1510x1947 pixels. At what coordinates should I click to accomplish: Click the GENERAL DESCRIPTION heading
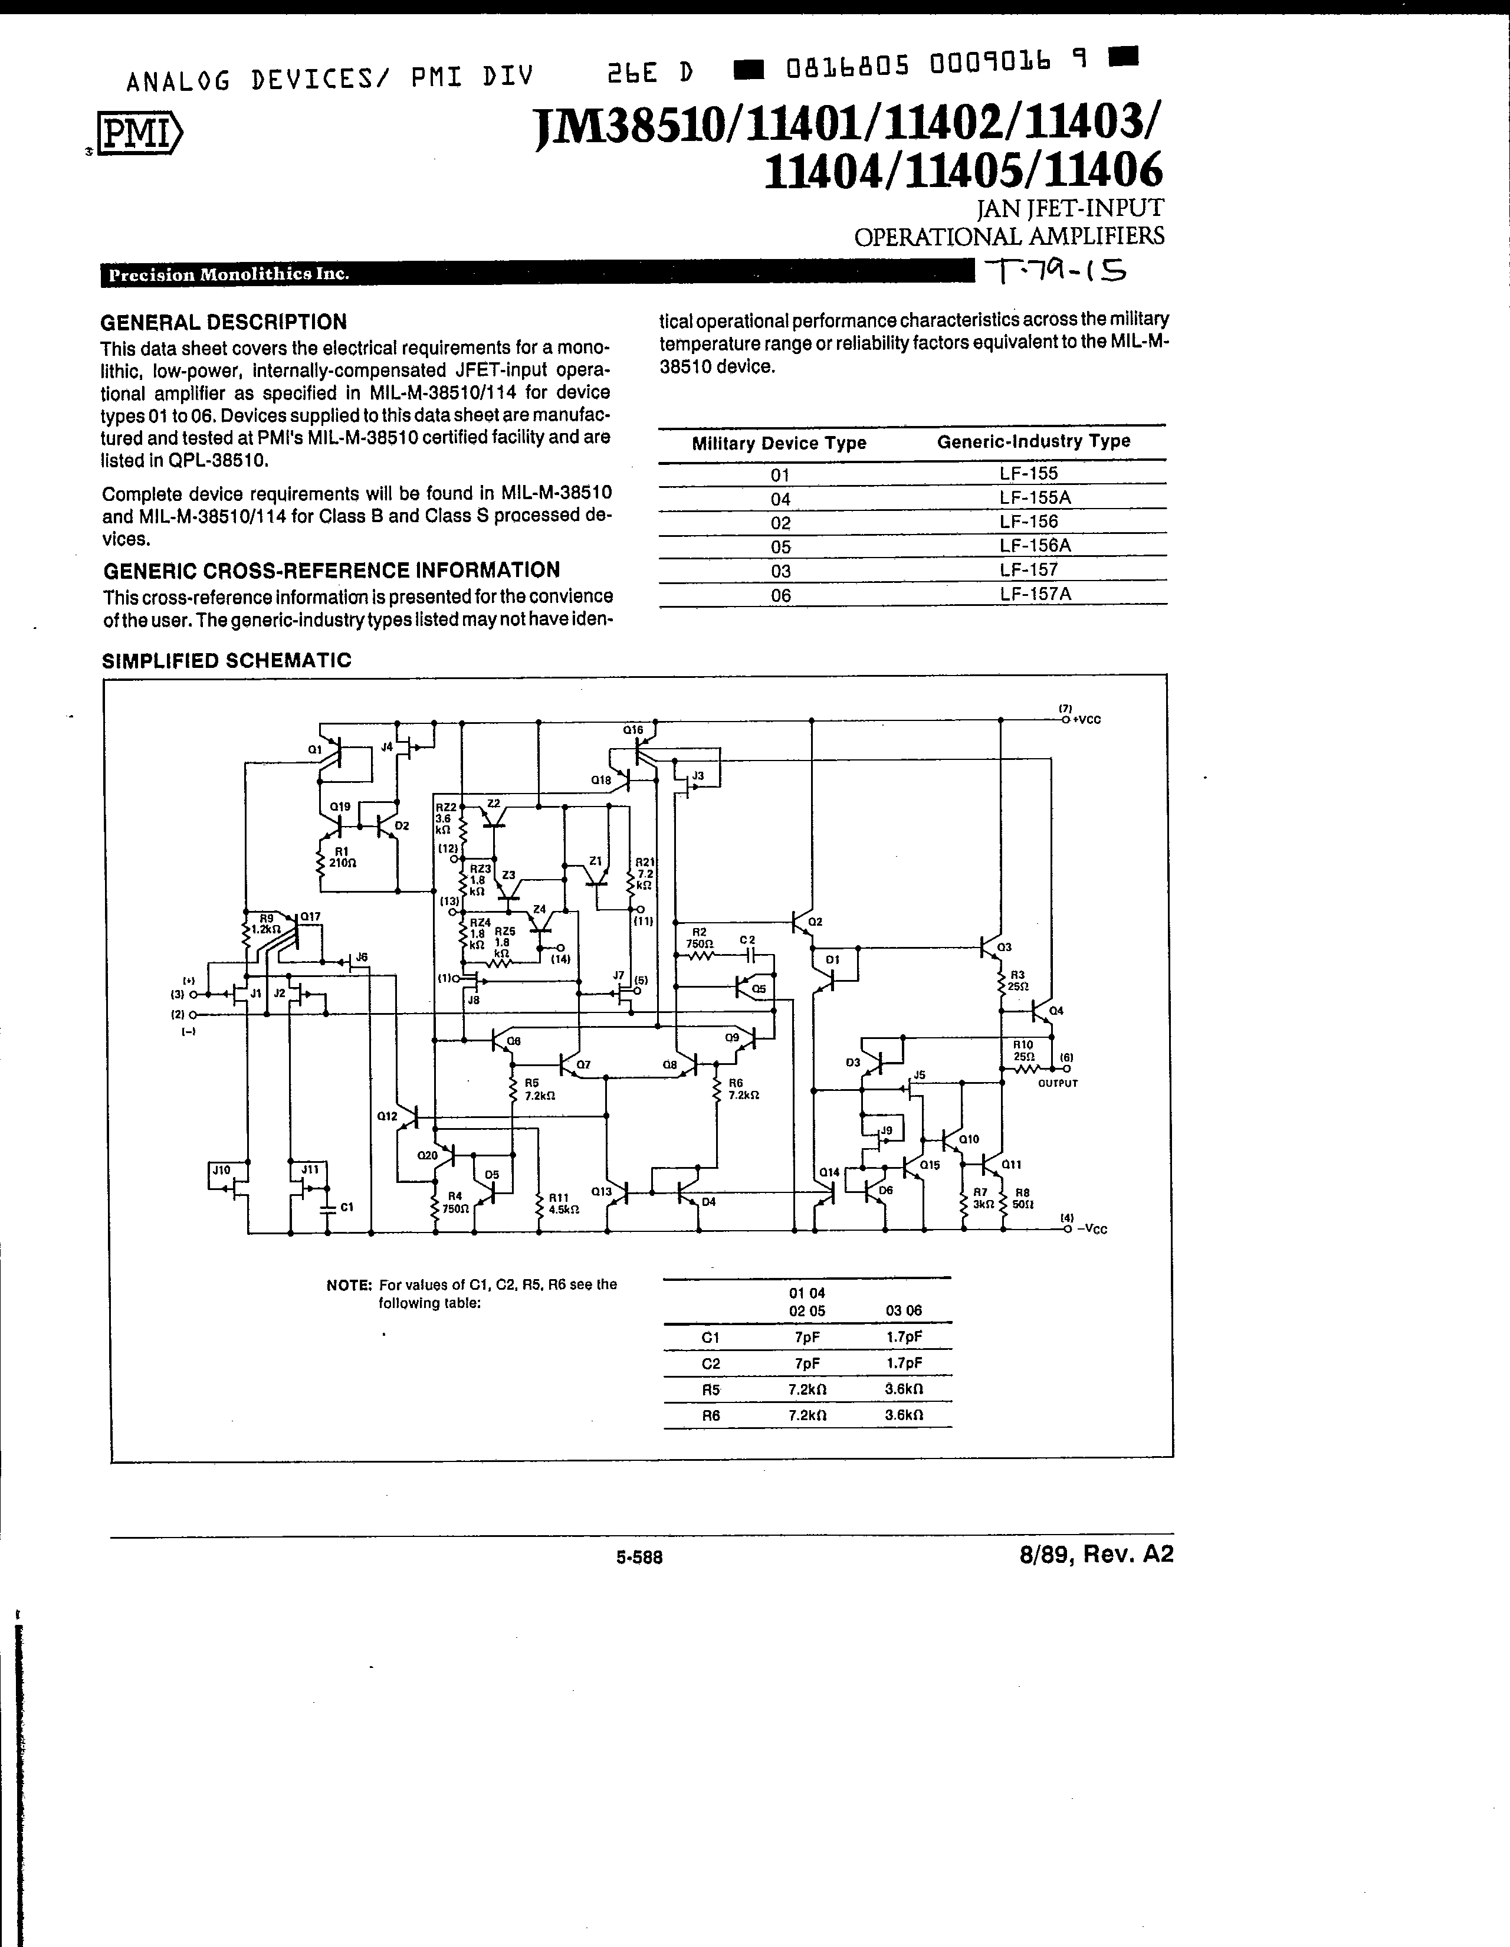(x=224, y=322)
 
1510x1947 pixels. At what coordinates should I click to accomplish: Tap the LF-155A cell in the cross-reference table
(x=1034, y=497)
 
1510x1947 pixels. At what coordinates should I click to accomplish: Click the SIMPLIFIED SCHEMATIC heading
(x=227, y=661)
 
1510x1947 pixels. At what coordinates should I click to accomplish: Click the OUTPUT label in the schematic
(x=1058, y=1083)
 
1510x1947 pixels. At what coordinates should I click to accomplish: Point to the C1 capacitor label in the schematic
(x=347, y=1207)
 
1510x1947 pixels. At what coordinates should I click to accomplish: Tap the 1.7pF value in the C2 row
(x=904, y=1363)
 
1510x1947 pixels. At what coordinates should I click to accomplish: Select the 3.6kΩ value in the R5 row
(x=904, y=1389)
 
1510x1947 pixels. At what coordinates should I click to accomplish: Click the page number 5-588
(x=639, y=1558)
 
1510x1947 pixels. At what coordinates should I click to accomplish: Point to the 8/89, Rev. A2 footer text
(x=1097, y=1554)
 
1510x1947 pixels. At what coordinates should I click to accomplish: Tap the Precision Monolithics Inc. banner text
(x=228, y=274)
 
